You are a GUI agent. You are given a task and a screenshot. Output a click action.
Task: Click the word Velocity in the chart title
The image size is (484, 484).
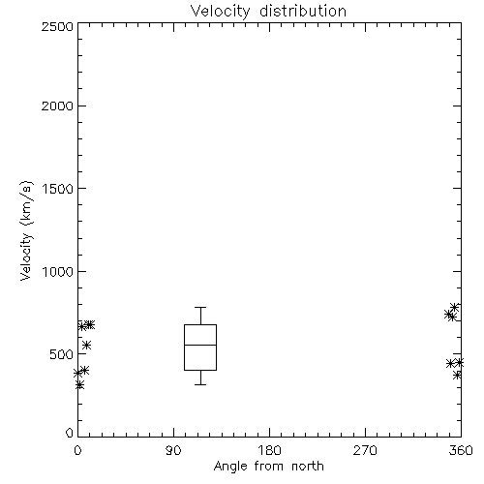point(221,12)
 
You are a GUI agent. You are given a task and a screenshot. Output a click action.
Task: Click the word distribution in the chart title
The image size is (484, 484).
point(303,11)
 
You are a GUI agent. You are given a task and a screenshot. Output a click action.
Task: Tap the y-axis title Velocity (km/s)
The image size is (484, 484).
point(26,231)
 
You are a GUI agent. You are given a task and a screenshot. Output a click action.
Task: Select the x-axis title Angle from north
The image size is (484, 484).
point(268,467)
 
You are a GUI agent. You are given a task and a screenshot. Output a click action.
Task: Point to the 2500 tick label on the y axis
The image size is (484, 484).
point(57,26)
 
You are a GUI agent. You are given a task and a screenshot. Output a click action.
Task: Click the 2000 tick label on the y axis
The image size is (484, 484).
point(57,106)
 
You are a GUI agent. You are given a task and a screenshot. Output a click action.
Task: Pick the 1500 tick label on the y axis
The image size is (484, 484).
point(58,189)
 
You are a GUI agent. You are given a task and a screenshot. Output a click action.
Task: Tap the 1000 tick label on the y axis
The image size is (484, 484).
point(58,271)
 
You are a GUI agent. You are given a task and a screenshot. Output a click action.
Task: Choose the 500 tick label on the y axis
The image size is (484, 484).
point(62,354)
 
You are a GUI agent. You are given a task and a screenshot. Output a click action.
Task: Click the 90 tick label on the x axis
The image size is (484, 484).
point(173,450)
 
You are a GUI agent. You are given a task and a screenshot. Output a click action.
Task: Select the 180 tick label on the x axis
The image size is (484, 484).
point(269,450)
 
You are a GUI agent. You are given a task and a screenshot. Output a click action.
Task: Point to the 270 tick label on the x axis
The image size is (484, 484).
point(365,450)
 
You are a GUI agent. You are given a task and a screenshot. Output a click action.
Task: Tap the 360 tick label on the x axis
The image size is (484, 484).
point(461,450)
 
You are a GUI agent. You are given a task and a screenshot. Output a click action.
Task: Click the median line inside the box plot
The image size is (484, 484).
point(200,345)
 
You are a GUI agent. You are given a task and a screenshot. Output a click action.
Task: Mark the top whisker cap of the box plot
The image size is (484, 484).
point(200,307)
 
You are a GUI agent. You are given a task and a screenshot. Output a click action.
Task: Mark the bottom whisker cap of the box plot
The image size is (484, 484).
point(200,384)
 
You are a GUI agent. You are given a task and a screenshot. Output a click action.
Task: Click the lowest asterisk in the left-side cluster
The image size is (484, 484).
point(79,385)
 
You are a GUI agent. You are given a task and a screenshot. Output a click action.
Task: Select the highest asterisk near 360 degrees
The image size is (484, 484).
point(454,307)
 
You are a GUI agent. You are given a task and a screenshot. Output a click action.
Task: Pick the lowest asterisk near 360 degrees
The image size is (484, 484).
point(457,376)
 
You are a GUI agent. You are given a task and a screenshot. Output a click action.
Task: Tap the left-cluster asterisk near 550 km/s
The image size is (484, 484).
point(86,346)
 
